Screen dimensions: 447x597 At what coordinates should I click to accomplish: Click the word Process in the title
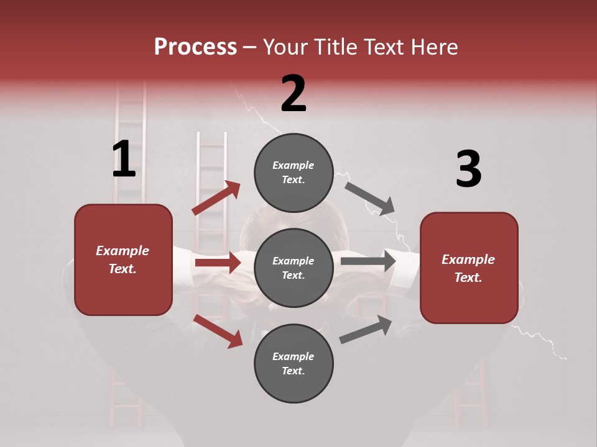coord(195,47)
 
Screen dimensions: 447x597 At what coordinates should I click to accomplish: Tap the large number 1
coord(124,160)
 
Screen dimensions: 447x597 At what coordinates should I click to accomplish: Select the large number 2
coord(294,94)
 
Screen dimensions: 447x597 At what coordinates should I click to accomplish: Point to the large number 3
coord(468,169)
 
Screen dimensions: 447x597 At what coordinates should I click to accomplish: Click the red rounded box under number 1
coord(123,260)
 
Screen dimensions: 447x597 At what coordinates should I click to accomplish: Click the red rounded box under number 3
coord(469,268)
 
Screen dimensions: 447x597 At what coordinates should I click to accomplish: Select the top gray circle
coord(294,173)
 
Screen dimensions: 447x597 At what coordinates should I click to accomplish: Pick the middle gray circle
coord(294,268)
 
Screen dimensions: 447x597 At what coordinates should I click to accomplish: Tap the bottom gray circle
coord(294,363)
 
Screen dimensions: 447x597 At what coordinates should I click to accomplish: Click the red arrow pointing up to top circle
coord(216,197)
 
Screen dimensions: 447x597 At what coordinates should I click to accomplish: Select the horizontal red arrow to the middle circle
coord(218,263)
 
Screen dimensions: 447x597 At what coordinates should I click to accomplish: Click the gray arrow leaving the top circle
coord(370,199)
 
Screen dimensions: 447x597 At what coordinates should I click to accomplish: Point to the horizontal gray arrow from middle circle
coord(368,261)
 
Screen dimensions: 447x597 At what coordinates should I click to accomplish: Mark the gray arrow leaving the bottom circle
coord(366,329)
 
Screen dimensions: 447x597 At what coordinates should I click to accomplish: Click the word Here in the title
coord(434,47)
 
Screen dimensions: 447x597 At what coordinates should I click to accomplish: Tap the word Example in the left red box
coord(123,251)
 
